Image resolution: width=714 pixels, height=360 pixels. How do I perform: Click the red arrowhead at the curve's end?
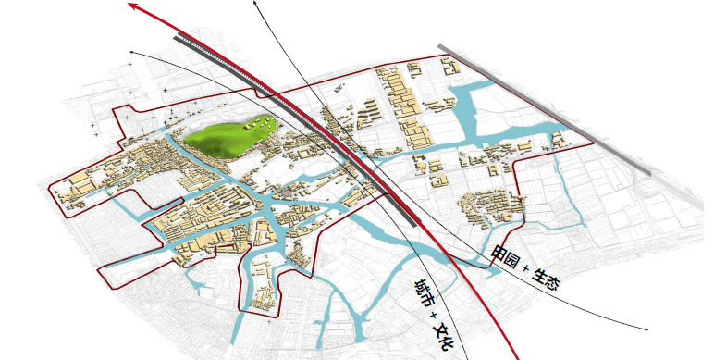133,7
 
